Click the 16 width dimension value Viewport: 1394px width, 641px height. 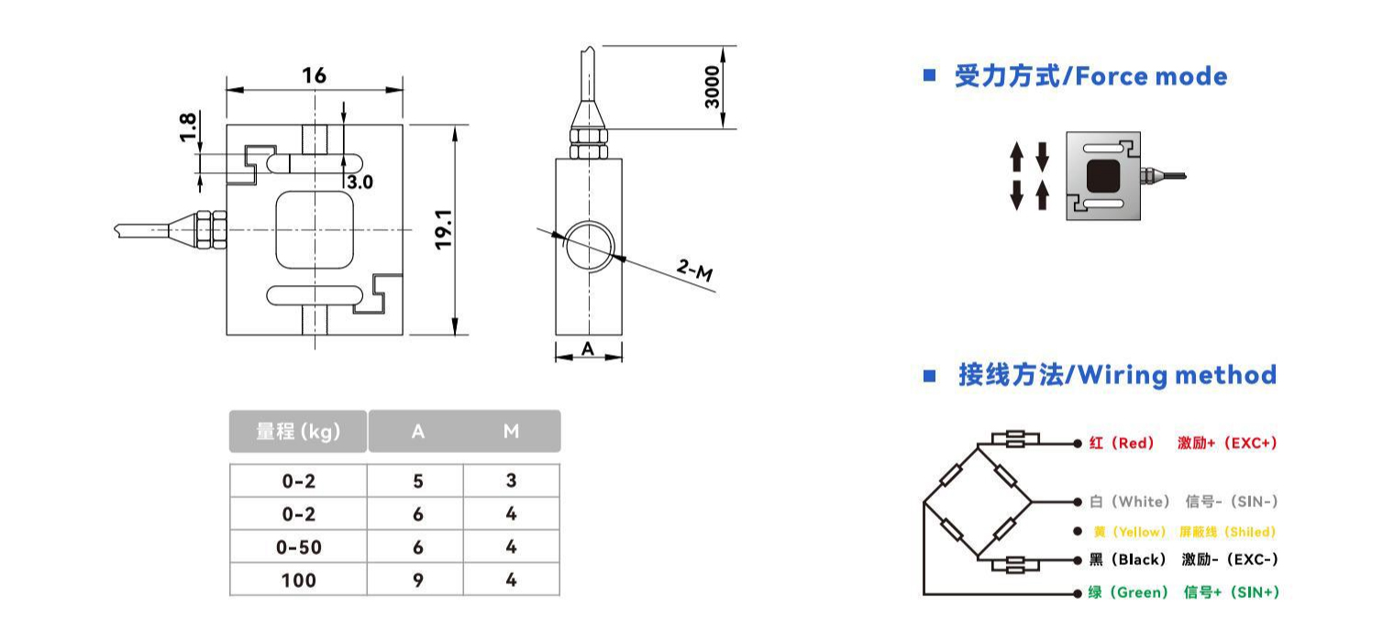(315, 75)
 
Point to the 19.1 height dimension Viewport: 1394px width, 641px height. (444, 229)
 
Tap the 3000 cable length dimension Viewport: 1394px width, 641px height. (712, 87)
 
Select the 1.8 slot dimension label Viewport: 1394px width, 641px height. (188, 127)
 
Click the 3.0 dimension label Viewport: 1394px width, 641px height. (360, 182)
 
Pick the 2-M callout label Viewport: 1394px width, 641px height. (694, 271)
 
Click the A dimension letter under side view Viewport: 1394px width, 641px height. (588, 349)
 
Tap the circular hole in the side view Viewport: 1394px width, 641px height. (590, 245)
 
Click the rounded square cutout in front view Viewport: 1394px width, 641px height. (315, 229)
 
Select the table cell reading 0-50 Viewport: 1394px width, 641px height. (299, 547)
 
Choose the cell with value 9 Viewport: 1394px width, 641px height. (417, 580)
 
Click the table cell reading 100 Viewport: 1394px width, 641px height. (299, 580)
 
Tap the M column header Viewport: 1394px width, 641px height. (511, 431)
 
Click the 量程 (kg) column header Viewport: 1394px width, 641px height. (298, 431)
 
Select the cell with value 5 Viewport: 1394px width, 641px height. (417, 481)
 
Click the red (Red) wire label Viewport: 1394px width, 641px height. (1122, 443)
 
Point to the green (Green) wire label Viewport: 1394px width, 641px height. (1128, 591)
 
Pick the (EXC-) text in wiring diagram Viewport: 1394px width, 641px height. (1252, 559)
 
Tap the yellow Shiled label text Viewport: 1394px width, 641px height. (1250, 532)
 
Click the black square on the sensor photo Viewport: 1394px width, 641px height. (1103, 176)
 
